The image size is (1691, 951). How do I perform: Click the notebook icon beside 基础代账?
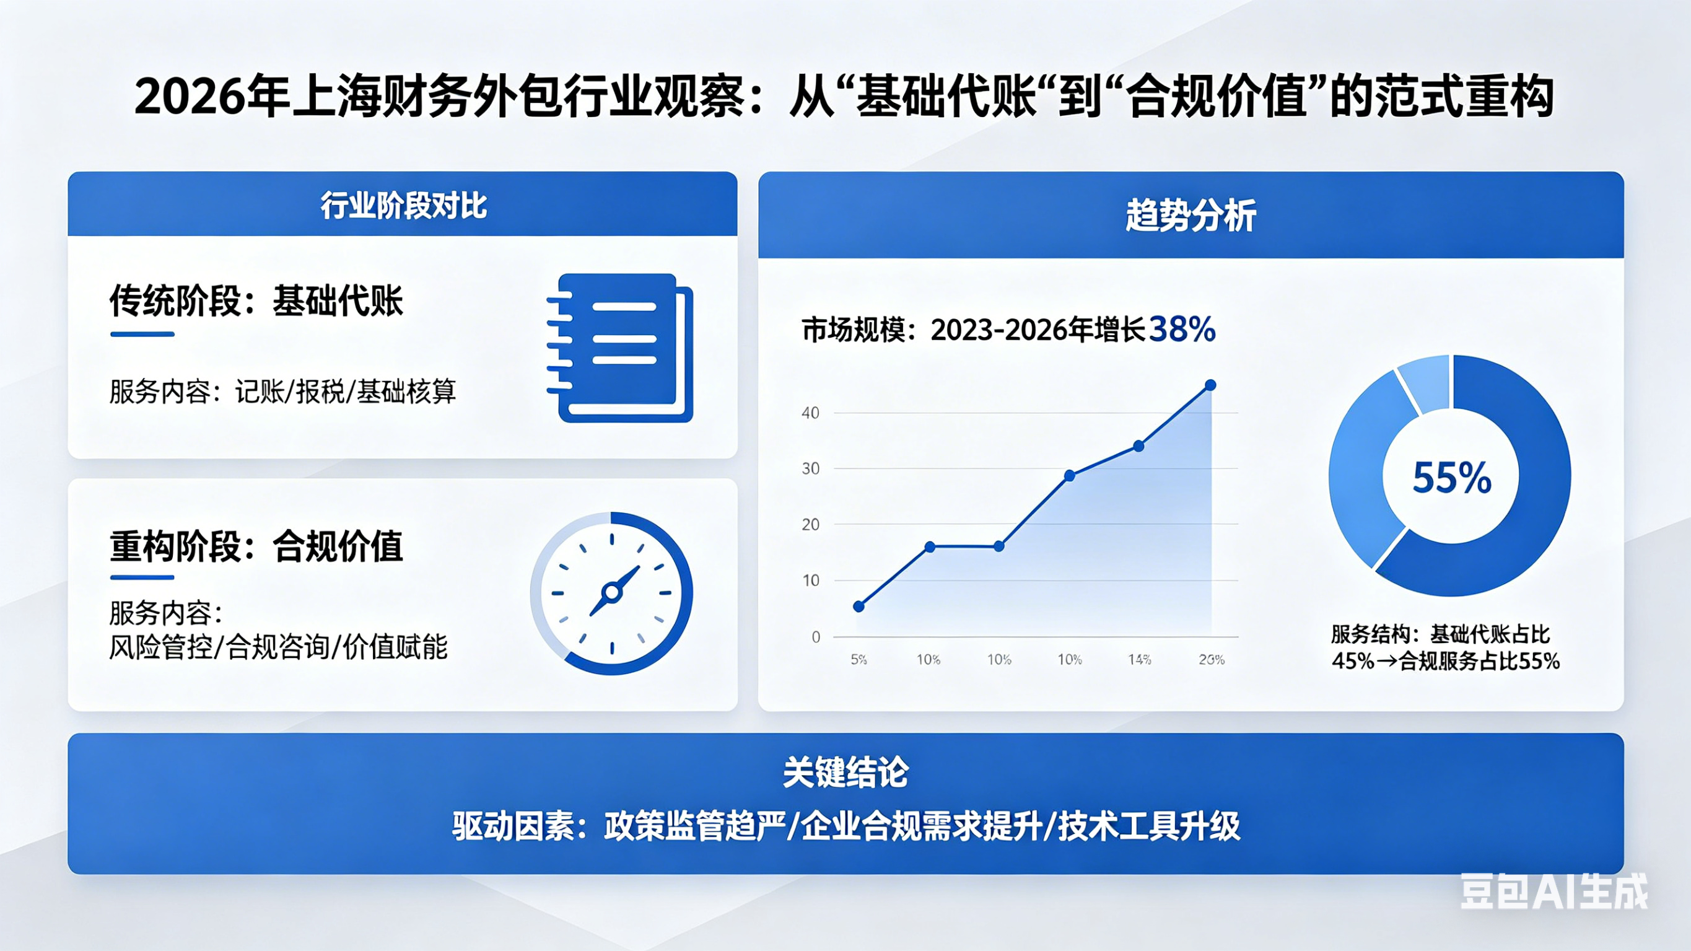pyautogui.click(x=620, y=348)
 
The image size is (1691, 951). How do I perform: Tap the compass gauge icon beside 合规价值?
pyautogui.click(x=612, y=593)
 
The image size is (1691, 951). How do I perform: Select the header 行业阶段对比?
pyautogui.click(x=403, y=206)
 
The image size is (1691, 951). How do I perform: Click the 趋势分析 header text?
pyautogui.click(x=1191, y=216)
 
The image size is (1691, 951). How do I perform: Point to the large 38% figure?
pyautogui.click(x=1182, y=329)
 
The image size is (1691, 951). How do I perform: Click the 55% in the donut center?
pyautogui.click(x=1451, y=478)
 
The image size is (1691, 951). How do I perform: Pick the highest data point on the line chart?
pyautogui.click(x=1210, y=385)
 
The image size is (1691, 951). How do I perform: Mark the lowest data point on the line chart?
pyautogui.click(x=859, y=606)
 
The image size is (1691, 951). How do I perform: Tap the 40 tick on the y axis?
pyautogui.click(x=811, y=413)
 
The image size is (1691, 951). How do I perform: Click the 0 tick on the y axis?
pyautogui.click(x=815, y=636)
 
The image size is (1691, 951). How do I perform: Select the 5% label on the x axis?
pyautogui.click(x=859, y=659)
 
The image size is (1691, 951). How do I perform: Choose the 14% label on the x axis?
pyautogui.click(x=1140, y=659)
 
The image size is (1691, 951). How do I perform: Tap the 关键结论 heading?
pyautogui.click(x=845, y=773)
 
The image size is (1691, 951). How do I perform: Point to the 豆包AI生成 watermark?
pyautogui.click(x=1553, y=892)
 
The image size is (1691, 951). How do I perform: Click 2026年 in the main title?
pyautogui.click(x=212, y=97)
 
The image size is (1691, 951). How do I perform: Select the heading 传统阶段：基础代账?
pyautogui.click(x=256, y=302)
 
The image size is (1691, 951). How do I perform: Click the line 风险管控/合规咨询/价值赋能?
pyautogui.click(x=277, y=647)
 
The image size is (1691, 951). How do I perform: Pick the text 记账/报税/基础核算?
pyautogui.click(x=345, y=392)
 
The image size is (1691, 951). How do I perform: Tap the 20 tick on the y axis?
pyautogui.click(x=811, y=525)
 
